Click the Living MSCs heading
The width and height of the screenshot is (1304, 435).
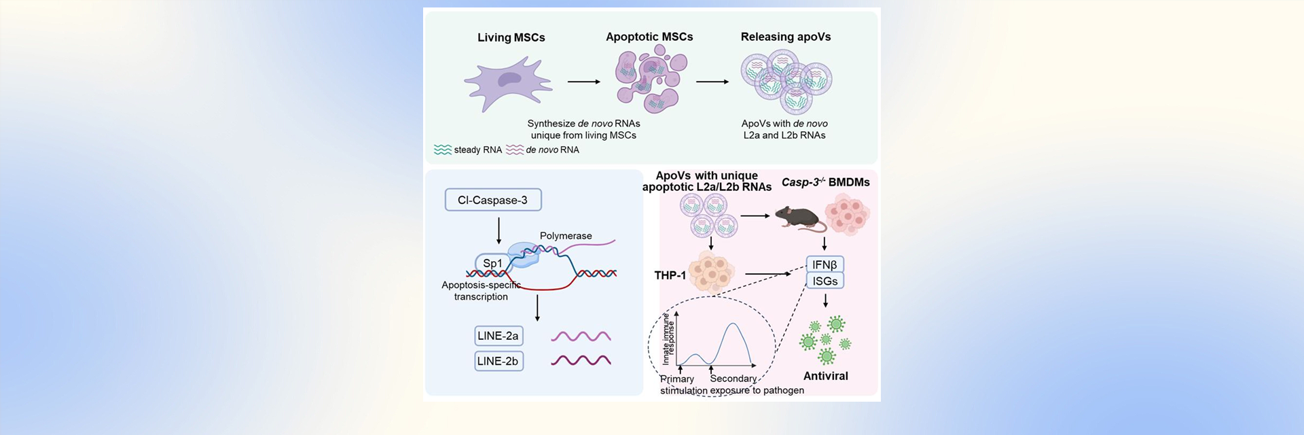[x=511, y=37]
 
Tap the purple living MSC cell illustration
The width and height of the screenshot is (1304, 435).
[x=508, y=83]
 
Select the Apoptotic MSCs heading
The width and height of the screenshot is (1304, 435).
[x=649, y=37]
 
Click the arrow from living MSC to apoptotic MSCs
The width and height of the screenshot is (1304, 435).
[x=583, y=82]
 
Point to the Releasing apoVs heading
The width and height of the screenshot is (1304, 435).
[x=785, y=37]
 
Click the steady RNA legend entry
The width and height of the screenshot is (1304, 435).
[x=468, y=150]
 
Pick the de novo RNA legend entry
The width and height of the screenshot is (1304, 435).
[x=543, y=150]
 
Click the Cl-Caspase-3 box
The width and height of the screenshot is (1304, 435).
[x=493, y=200]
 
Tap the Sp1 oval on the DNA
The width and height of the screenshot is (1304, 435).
[x=492, y=263]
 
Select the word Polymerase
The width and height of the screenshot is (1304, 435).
[x=566, y=236]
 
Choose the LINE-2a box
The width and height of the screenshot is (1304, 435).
[x=498, y=336]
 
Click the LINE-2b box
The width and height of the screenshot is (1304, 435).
[x=498, y=361]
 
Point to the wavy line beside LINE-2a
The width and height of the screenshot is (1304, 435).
[x=581, y=336]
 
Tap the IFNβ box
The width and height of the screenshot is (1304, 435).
[x=825, y=264]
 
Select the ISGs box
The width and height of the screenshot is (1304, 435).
[x=825, y=281]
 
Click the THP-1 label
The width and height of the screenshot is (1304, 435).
[x=670, y=275]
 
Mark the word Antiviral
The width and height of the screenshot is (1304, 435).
[x=825, y=376]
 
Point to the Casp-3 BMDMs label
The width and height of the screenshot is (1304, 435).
[x=825, y=182]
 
